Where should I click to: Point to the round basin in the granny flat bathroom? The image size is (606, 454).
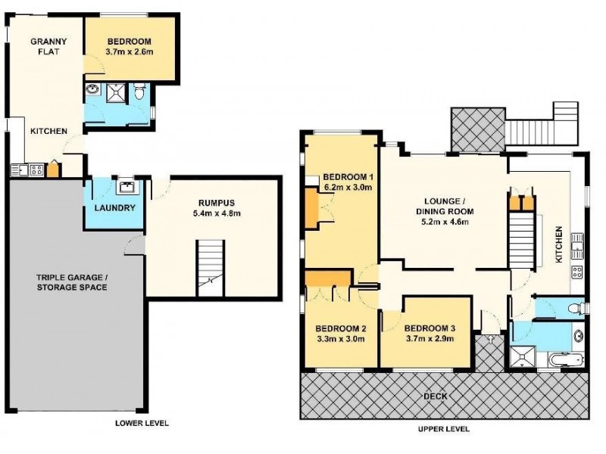click(92, 91)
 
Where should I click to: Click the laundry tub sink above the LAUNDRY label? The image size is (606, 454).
click(125, 187)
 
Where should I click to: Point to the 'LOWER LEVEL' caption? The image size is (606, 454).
click(142, 423)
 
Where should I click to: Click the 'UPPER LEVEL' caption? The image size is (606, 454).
click(443, 428)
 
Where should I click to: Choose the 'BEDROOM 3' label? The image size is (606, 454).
click(429, 328)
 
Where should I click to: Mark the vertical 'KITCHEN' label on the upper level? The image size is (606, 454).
click(558, 244)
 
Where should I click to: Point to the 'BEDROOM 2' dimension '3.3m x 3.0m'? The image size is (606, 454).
click(340, 339)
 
